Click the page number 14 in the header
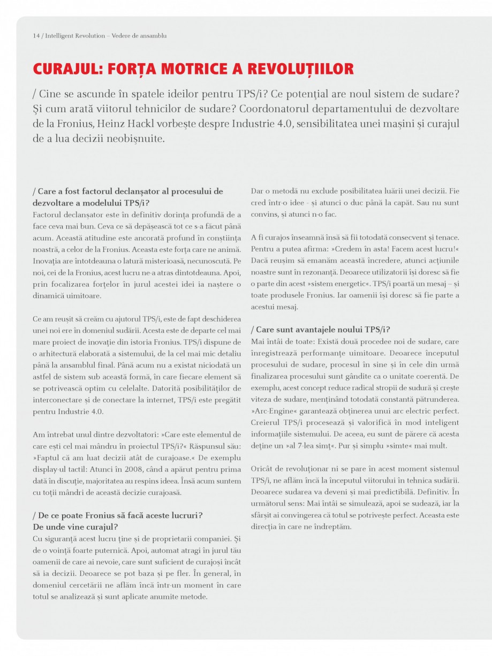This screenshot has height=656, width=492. tap(36, 36)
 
